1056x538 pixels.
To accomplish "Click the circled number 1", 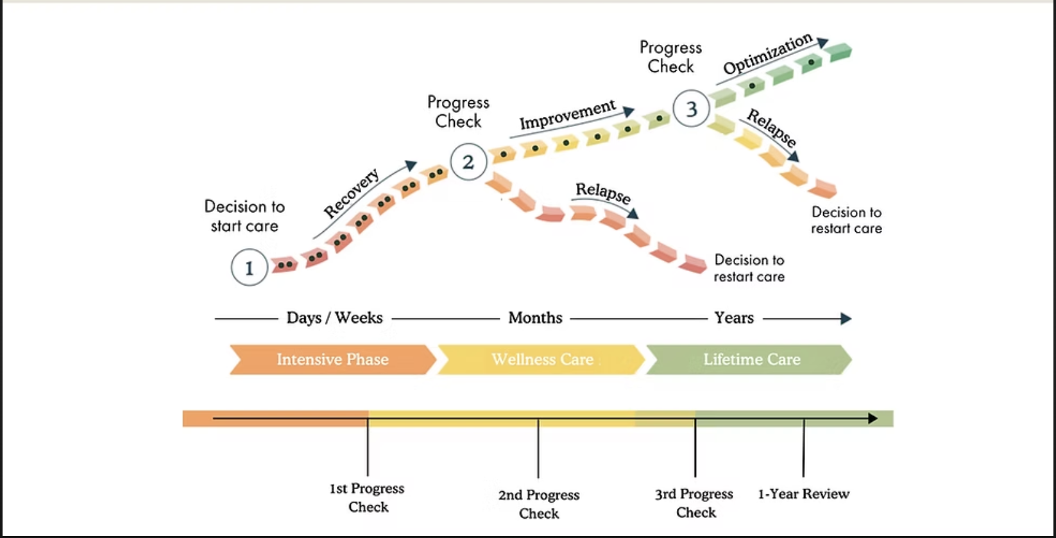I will (249, 267).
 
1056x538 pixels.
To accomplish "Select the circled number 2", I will (468, 162).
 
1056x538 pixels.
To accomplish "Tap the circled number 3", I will (691, 108).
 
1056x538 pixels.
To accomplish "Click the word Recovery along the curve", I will (351, 193).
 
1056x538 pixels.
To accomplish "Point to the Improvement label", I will (567, 114).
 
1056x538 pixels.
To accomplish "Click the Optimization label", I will (767, 54).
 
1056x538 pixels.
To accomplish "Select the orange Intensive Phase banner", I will (332, 360).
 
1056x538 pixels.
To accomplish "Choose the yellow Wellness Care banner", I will (542, 360).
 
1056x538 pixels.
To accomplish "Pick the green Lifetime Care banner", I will (751, 360).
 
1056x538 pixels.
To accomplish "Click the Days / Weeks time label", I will (334, 318).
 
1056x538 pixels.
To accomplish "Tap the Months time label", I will (535, 318).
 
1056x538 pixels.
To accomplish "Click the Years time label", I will (734, 318).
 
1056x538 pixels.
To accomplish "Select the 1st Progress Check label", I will (368, 498).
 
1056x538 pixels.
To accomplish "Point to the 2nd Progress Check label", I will (539, 504).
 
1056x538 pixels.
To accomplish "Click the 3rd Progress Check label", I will (695, 503).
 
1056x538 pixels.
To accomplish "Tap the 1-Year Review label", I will (804, 494).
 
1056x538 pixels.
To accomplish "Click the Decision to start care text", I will (244, 216).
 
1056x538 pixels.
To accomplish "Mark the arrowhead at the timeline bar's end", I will (873, 419).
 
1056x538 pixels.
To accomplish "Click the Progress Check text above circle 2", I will (458, 112).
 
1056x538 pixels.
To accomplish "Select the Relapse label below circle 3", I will (772, 129).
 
